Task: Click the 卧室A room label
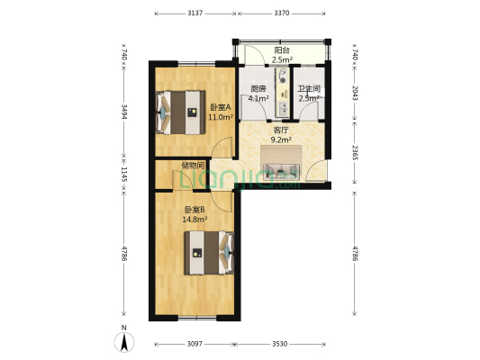tap(221, 108)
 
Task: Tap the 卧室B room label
tap(195, 210)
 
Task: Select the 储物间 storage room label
tap(193, 166)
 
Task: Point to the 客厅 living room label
tap(281, 130)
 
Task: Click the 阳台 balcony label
tap(282, 50)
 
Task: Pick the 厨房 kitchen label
tap(258, 89)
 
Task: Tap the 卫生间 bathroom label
tap(309, 89)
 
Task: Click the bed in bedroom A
tap(181, 112)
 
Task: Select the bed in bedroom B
tap(209, 253)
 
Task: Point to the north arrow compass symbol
tap(124, 342)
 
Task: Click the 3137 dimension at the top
tap(195, 13)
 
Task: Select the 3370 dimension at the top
tap(282, 13)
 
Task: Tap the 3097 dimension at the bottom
tap(195, 344)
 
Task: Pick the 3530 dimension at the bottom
tap(280, 344)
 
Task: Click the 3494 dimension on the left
tap(124, 112)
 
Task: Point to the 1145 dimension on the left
tap(124, 174)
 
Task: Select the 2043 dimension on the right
tap(355, 93)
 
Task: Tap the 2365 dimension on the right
tap(355, 153)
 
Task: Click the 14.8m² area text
tap(195, 220)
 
